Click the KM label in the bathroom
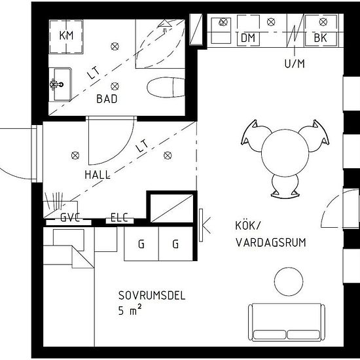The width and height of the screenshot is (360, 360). pos(66,35)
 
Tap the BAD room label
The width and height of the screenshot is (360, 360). pos(107,99)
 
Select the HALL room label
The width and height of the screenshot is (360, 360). pos(98,175)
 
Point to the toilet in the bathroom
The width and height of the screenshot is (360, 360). pos(166,87)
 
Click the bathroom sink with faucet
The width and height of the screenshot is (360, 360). pos(60,84)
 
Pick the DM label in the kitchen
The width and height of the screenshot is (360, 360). pos(248,38)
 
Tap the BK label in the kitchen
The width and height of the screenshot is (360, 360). pos(320,38)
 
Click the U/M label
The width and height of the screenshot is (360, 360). pos(295,63)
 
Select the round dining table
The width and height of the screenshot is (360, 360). pos(285,153)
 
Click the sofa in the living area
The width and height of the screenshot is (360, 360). pos(287,322)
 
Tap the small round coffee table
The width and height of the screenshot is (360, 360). pos(289,281)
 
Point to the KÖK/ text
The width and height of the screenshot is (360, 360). pos(248,225)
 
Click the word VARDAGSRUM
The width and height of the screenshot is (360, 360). pos(271,243)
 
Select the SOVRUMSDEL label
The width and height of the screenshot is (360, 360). pos(152,295)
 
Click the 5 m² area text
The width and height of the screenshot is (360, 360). pos(130,310)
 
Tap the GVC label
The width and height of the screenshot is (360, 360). pos(70,217)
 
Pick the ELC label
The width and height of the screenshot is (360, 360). pos(119,217)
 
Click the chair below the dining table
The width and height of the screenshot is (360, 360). pos(285,186)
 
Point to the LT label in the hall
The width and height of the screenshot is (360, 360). pos(142,146)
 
